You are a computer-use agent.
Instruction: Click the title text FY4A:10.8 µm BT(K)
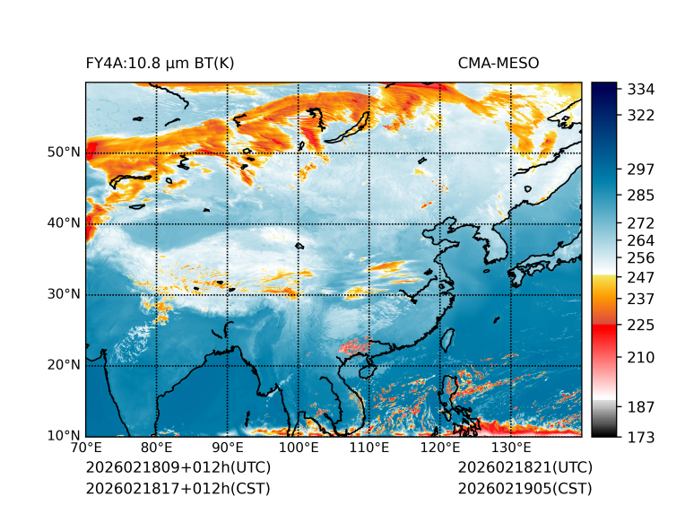pos(160,63)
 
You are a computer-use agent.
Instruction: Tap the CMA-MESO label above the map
pos(499,63)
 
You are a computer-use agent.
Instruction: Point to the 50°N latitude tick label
pos(64,152)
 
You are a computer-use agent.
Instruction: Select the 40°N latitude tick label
pos(64,223)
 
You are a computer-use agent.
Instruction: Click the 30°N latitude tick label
pos(64,294)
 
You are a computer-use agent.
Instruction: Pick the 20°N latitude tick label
pos(64,365)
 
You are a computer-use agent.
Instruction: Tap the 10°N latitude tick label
pos(64,436)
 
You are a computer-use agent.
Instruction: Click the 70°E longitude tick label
pos(86,449)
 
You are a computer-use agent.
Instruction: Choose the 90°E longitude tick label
pos(228,449)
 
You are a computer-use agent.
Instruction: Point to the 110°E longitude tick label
pos(369,449)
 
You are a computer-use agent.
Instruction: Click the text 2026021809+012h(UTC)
pos(178,468)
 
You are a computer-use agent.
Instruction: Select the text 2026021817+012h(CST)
pos(178,489)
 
